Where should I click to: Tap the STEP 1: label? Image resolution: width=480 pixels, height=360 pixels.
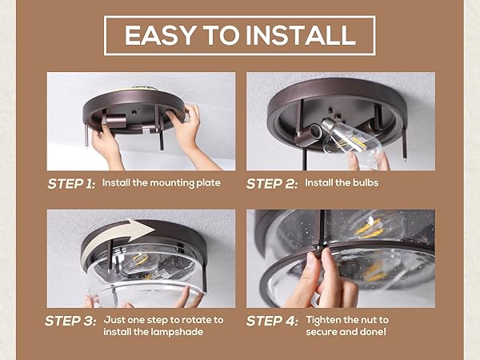71,183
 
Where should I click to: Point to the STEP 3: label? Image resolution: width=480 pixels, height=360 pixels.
71,321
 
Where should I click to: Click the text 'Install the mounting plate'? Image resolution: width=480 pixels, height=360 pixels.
161,183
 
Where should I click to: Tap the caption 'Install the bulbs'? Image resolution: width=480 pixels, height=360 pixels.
346,183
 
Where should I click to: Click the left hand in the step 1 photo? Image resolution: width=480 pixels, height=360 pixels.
106,142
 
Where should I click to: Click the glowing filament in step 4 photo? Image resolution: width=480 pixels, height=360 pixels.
370,227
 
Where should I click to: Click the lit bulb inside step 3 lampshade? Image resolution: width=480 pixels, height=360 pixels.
140,262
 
